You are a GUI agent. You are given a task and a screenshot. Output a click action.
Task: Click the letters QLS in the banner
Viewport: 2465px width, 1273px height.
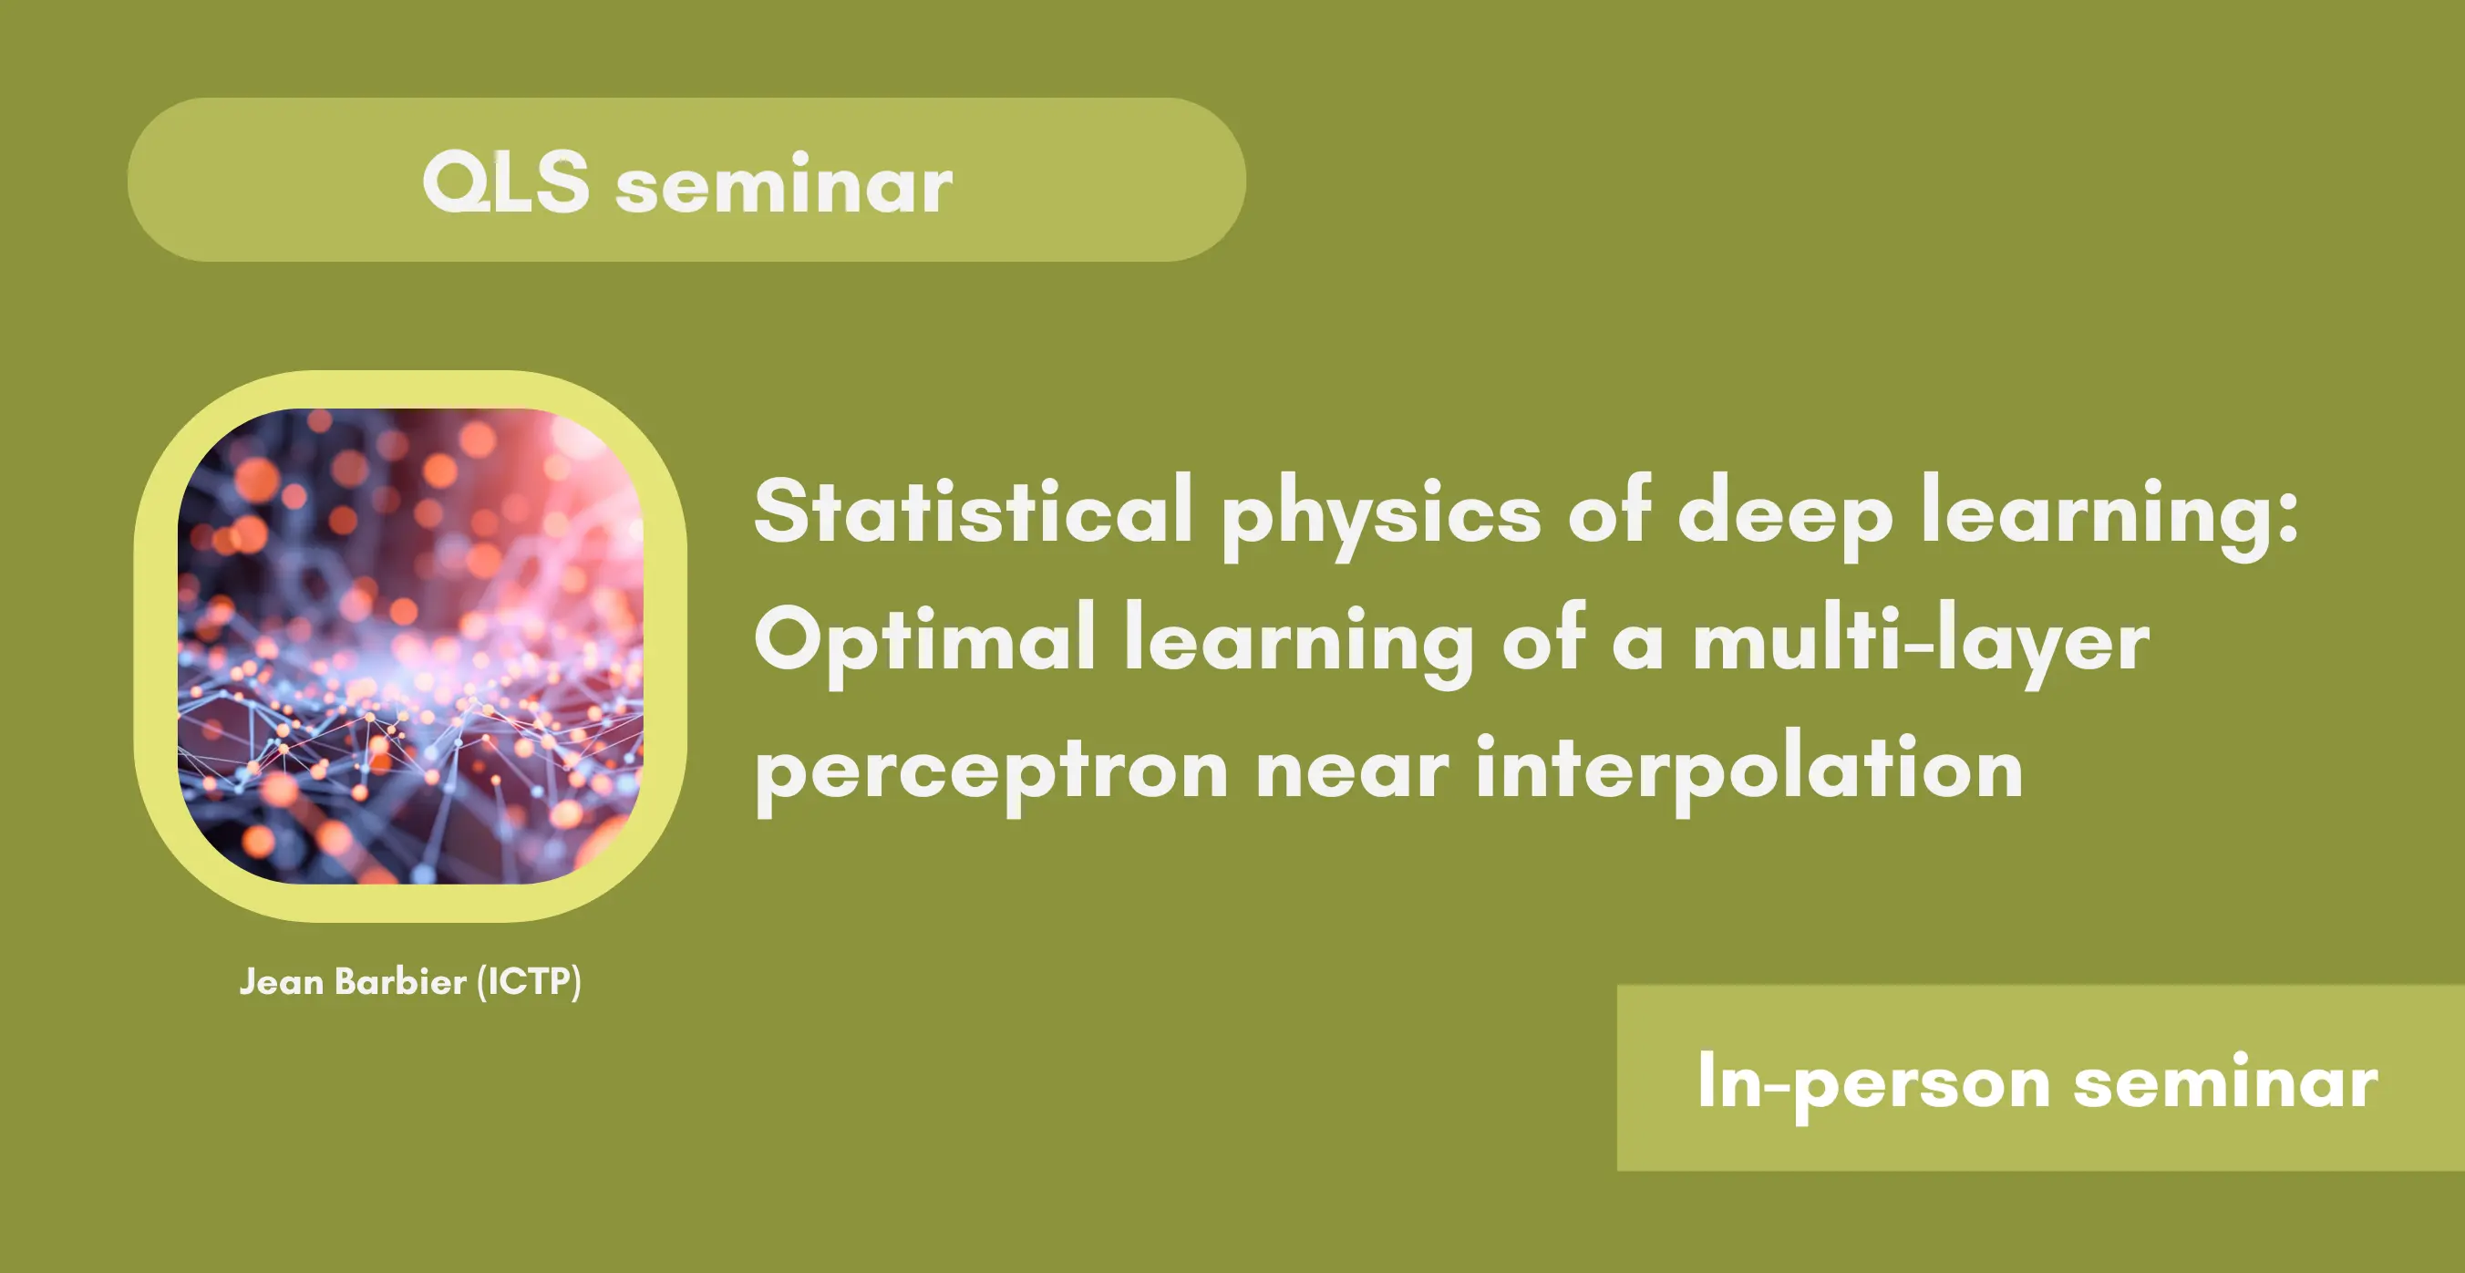(x=505, y=181)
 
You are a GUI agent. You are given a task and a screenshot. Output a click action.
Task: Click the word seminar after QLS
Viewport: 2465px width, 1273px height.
(x=784, y=184)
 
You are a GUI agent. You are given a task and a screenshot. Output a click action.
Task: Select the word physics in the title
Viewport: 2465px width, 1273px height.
(x=1381, y=517)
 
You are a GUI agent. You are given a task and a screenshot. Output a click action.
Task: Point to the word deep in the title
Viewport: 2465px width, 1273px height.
(x=1785, y=517)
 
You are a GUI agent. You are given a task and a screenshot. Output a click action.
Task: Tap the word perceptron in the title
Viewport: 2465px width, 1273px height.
(x=991, y=774)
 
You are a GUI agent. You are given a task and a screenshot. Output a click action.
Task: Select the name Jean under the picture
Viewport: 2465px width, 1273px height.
(x=281, y=982)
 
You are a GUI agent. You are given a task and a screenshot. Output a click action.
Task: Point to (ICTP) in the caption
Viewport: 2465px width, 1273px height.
(x=529, y=982)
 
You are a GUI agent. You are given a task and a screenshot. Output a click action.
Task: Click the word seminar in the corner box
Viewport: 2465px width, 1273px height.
(x=2226, y=1082)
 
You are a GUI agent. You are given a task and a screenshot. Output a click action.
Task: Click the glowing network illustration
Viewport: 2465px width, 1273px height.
(x=410, y=646)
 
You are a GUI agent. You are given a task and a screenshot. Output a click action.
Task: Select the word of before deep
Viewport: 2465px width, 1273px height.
(x=1610, y=510)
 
